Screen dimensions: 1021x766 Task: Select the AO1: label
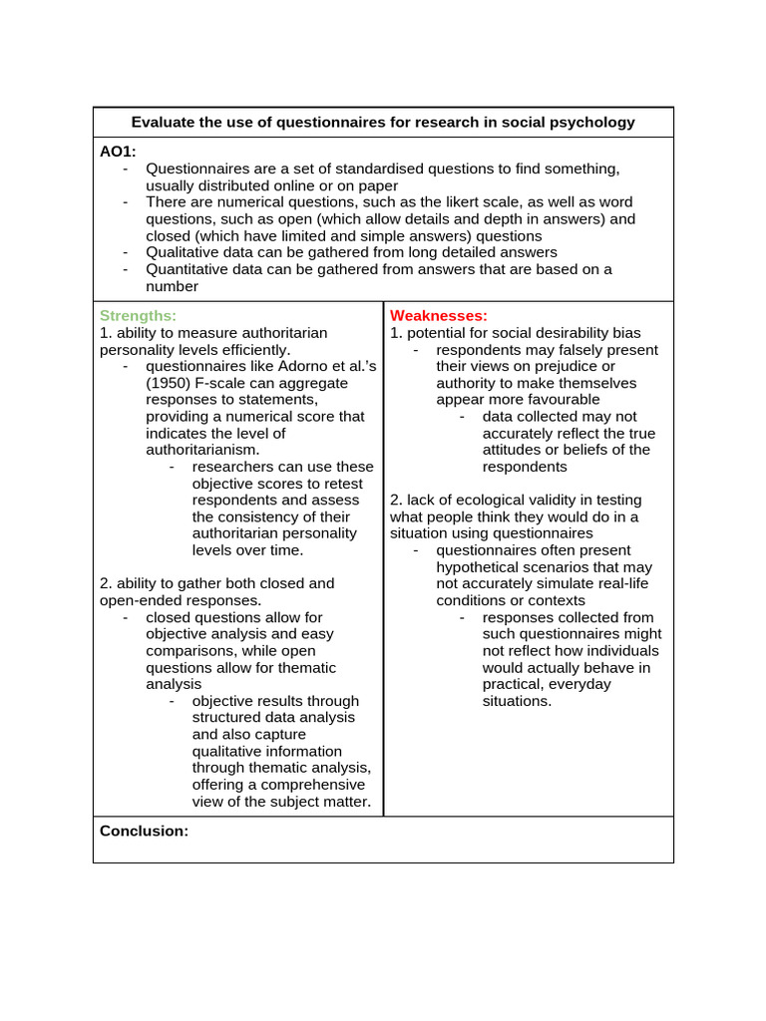[119, 152]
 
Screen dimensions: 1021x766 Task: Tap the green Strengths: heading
[138, 315]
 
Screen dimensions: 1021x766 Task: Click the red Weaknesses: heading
[439, 315]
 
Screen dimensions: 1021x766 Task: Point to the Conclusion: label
[144, 831]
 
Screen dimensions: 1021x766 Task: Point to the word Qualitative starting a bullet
[183, 252]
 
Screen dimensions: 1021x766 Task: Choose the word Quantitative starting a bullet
[189, 269]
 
